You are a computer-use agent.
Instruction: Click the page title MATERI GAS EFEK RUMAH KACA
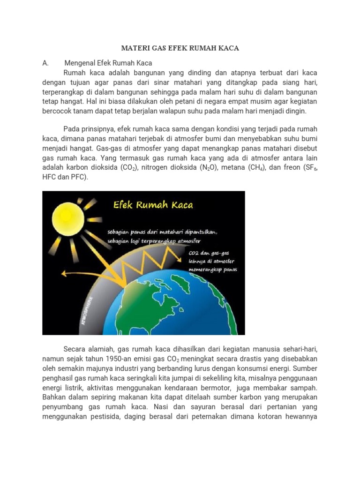pyautogui.click(x=180, y=48)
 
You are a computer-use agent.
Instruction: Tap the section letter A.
pyautogui.click(x=46, y=63)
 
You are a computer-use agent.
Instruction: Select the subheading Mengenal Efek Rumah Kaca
pyautogui.click(x=108, y=63)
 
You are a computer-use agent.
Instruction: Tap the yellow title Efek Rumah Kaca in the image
pyautogui.click(x=152, y=205)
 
